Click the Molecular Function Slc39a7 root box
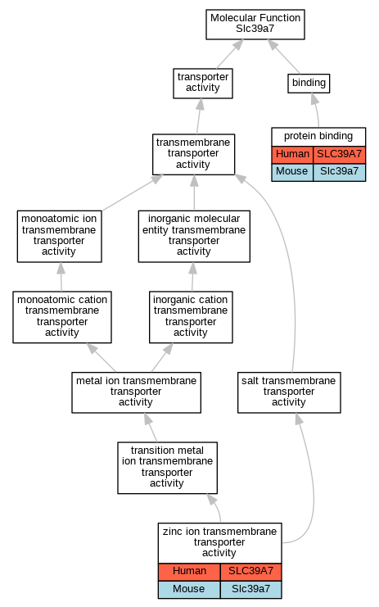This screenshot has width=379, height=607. pos(255,25)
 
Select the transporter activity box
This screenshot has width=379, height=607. pos(203,84)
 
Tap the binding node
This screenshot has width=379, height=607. pos(309,84)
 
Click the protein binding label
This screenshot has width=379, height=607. pos(318,136)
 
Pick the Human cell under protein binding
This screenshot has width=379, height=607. pos(292,155)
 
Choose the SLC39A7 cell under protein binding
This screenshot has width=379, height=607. pos(339,155)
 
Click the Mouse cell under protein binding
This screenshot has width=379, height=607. pos(292,172)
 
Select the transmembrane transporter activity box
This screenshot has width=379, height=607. pos(193,154)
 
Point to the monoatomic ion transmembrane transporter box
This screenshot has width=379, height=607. pos(59,236)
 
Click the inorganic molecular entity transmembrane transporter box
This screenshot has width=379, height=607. pos(194,236)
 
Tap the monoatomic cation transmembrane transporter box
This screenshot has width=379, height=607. pos(62,317)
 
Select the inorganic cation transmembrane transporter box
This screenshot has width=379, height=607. pos(191,317)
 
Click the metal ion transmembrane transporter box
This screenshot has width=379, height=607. pos(136,392)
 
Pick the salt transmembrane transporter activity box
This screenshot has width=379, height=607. pos(289,392)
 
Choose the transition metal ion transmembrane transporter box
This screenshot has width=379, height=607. pos(167,468)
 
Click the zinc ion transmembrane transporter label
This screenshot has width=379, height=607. pos(219,542)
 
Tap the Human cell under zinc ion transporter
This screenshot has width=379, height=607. pos(189,572)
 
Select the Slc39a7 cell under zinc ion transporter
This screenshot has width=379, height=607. pos(250,590)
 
